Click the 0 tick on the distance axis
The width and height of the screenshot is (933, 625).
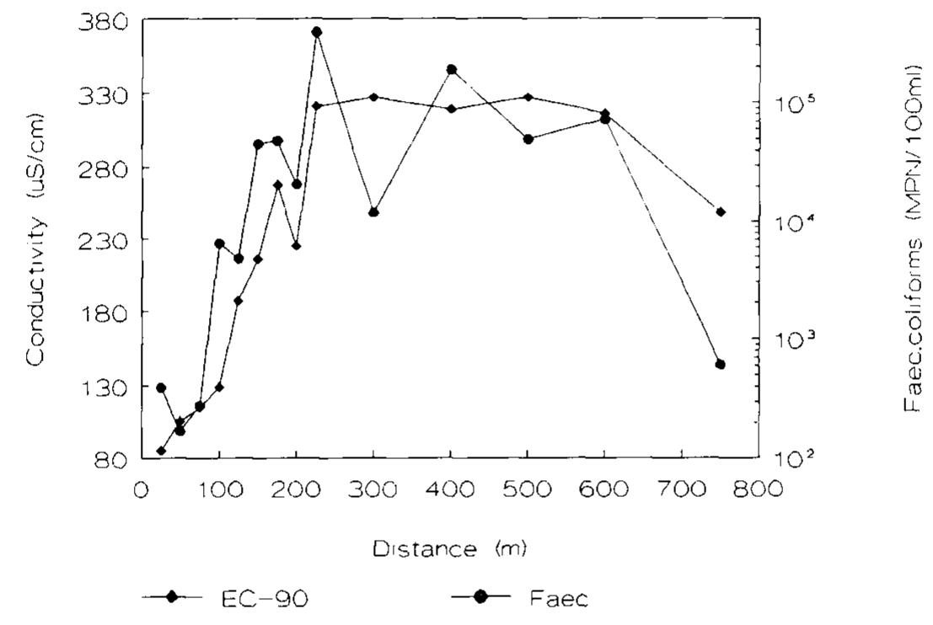point(142,489)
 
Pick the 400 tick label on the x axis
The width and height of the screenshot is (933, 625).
point(451,489)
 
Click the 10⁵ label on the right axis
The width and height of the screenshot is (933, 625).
point(791,103)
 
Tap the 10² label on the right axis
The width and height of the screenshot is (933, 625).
point(791,459)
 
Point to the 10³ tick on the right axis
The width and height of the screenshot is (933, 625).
point(791,339)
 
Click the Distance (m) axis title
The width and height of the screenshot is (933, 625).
point(450,550)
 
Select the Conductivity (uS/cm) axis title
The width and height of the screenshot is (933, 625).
point(35,240)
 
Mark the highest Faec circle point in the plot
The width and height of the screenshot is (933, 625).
point(317,32)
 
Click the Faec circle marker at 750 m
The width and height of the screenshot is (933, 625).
point(720,364)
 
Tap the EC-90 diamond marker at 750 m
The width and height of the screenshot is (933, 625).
point(720,211)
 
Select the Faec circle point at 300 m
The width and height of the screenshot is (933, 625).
point(373,211)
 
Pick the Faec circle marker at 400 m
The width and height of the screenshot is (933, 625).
point(451,69)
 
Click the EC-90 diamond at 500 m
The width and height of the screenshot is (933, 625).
point(528,97)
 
